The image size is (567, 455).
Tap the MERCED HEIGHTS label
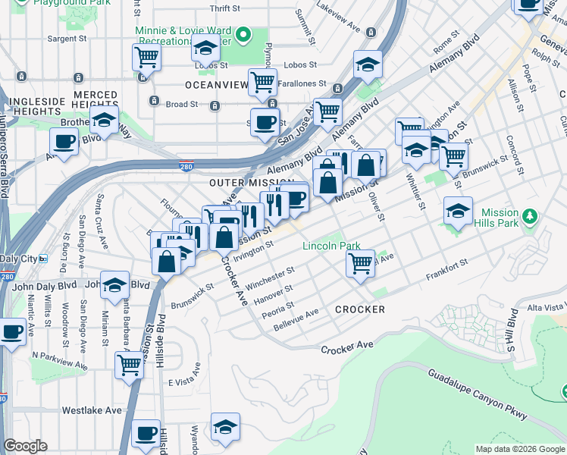(96, 100)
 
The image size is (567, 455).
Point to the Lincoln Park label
(331, 246)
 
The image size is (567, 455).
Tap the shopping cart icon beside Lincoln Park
(361, 263)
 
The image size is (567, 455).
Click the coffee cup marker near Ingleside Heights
(64, 140)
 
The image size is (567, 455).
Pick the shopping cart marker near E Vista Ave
(130, 364)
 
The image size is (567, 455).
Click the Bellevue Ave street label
(296, 322)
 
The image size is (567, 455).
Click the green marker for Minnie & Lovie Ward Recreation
(243, 33)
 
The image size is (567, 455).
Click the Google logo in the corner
(25, 446)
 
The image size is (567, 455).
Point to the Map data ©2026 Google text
(519, 449)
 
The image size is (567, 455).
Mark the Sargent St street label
(63, 37)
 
